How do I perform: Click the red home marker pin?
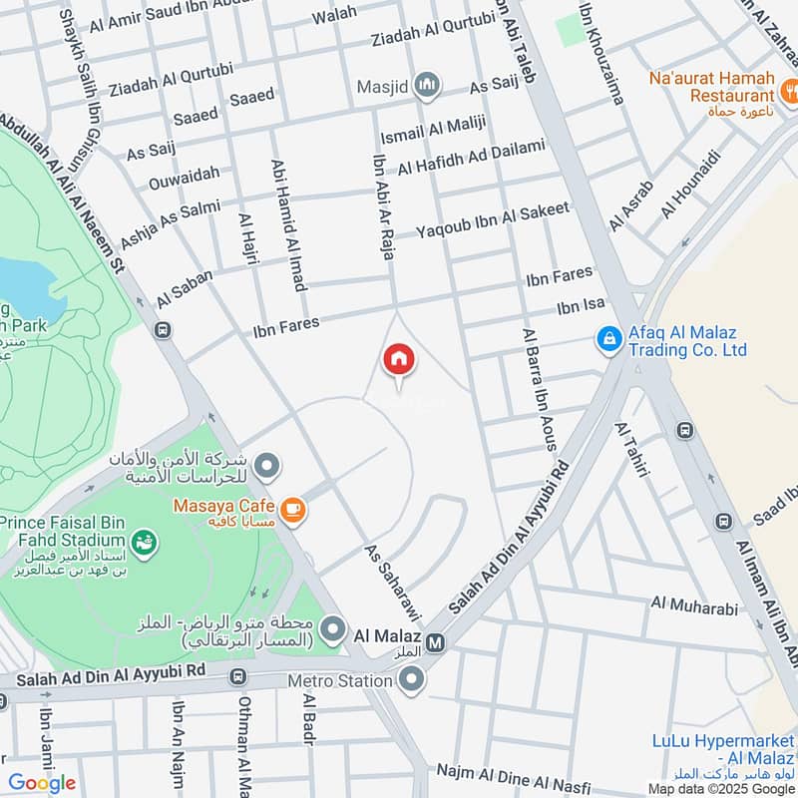(x=398, y=359)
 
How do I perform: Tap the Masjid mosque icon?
(x=428, y=85)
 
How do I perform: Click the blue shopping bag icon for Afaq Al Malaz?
(x=606, y=340)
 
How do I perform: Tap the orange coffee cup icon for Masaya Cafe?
(x=292, y=511)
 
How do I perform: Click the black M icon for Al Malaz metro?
(x=435, y=643)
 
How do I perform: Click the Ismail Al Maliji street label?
(x=431, y=130)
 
